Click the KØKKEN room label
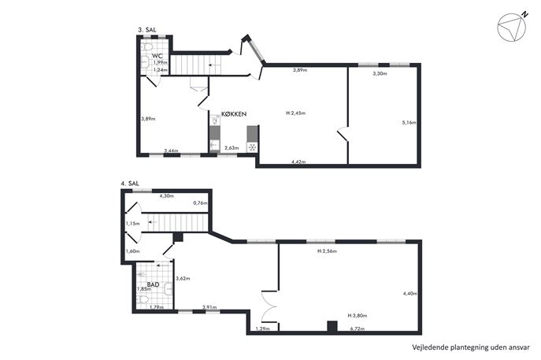(x=234, y=114)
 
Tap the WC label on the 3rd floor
(x=157, y=56)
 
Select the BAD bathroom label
(x=153, y=284)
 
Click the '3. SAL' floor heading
(x=147, y=30)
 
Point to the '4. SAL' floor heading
(x=130, y=184)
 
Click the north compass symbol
(x=513, y=26)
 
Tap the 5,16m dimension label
(x=409, y=122)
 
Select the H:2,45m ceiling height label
(x=295, y=113)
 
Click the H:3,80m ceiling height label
(x=357, y=315)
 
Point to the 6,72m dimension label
(x=357, y=328)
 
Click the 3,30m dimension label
(x=380, y=73)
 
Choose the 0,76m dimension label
(x=201, y=203)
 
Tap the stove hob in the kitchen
(x=252, y=147)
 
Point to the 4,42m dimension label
(x=298, y=161)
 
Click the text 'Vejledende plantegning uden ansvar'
(x=471, y=347)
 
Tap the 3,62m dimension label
(x=183, y=279)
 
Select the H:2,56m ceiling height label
(x=327, y=251)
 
